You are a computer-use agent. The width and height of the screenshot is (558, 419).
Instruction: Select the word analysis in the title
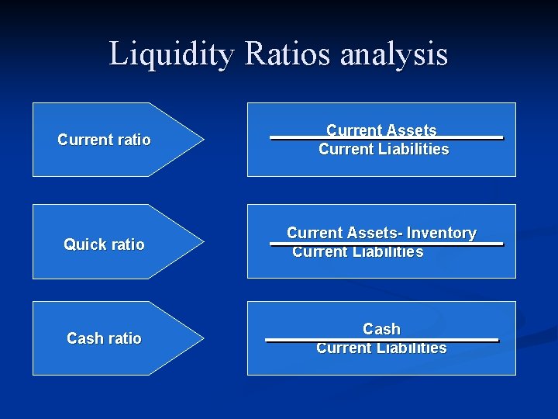pyautogui.click(x=394, y=55)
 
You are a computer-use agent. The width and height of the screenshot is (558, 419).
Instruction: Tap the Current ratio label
pyautogui.click(x=104, y=140)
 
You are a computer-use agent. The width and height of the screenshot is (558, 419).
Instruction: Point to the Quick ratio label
pyautogui.click(x=104, y=244)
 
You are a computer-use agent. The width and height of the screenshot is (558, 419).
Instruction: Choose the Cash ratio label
pyautogui.click(x=104, y=338)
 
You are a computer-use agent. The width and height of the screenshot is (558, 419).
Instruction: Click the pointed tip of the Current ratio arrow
pyautogui.click(x=203, y=140)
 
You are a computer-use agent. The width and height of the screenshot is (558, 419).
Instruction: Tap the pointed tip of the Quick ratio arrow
pyautogui.click(x=203, y=241)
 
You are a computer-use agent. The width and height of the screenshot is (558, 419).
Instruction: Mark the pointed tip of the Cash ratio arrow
pyautogui.click(x=203, y=338)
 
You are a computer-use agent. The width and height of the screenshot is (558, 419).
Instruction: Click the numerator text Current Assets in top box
pyautogui.click(x=381, y=130)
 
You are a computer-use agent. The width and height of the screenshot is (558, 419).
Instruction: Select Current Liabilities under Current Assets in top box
pyautogui.click(x=384, y=149)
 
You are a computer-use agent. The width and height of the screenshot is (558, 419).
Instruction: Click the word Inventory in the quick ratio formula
pyautogui.click(x=441, y=233)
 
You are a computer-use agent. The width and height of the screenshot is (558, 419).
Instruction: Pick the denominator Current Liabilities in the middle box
pyautogui.click(x=357, y=252)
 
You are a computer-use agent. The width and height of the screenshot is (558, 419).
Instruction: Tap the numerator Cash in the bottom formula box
pyautogui.click(x=381, y=329)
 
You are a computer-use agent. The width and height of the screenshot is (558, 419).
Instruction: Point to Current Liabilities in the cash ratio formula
pyautogui.click(x=381, y=348)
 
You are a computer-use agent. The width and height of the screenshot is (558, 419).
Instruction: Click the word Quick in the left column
pyautogui.click(x=83, y=244)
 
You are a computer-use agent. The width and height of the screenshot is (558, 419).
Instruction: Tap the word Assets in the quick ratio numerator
pyautogui.click(x=374, y=233)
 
